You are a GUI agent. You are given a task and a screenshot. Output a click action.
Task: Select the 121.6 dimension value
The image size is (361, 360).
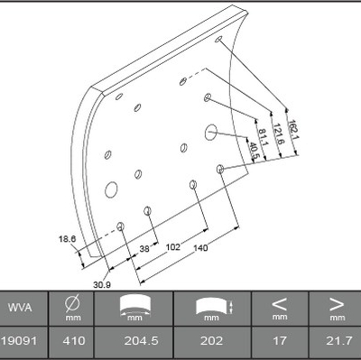pos(278,134)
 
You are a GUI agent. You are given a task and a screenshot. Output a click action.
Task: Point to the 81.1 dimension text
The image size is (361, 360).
pos(264,137)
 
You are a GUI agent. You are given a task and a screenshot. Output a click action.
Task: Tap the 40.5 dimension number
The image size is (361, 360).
pos(251,150)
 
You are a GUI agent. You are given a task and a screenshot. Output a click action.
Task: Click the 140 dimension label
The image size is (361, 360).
pos(200,248)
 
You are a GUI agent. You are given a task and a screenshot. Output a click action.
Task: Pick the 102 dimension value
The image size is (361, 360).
pos(173,247)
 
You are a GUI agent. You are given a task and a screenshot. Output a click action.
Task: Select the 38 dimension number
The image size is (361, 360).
pos(144,249)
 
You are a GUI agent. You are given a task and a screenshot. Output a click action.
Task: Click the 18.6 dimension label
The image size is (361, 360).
pos(67,239)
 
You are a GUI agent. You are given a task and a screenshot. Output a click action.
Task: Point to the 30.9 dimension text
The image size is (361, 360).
pos(102,284)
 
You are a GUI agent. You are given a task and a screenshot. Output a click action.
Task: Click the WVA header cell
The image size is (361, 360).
pos(20,308)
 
